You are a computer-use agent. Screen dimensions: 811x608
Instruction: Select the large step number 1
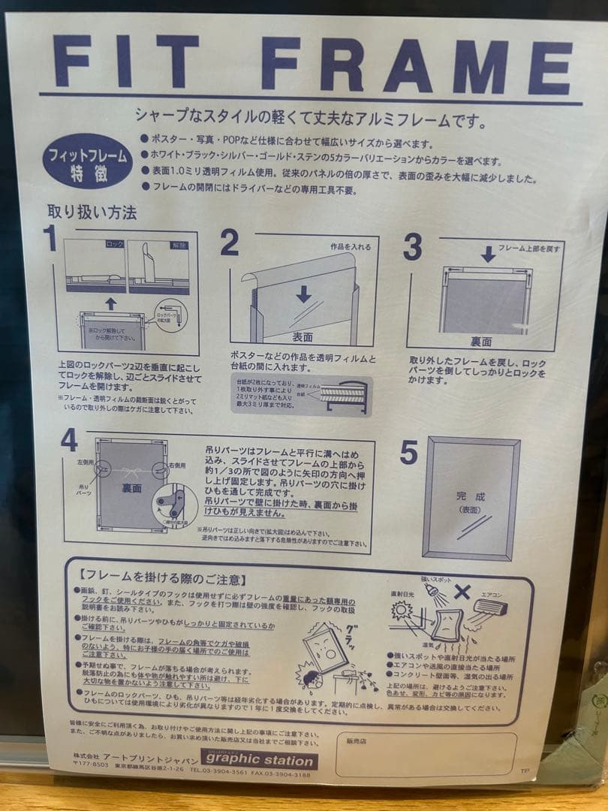click(50, 239)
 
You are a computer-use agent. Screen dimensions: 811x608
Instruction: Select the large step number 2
click(229, 243)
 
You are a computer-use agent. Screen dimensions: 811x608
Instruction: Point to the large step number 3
click(412, 247)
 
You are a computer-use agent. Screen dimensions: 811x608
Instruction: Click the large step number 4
click(69, 440)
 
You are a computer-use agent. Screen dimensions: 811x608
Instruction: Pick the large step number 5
click(408, 452)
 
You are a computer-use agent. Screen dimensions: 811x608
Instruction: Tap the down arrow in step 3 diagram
click(488, 254)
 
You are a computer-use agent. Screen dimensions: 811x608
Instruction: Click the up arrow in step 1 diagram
click(110, 303)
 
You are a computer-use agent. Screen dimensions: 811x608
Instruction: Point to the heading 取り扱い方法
click(92, 213)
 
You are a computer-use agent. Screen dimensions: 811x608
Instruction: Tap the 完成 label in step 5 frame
click(471, 496)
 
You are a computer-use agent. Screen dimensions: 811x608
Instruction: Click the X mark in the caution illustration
click(463, 592)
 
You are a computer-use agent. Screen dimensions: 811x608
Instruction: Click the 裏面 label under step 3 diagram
click(481, 342)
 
